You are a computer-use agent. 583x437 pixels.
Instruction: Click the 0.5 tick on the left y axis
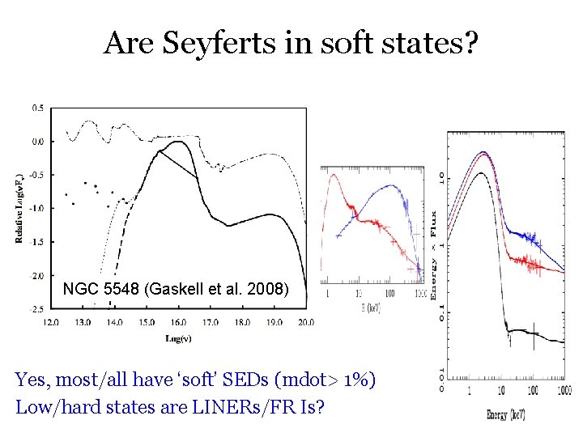tap(38, 108)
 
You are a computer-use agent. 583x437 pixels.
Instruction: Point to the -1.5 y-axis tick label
tap(36, 242)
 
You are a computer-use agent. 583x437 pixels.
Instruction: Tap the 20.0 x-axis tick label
tap(305, 321)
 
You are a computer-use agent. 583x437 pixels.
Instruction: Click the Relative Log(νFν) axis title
tap(18, 206)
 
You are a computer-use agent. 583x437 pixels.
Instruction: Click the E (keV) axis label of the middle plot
tap(370, 308)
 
